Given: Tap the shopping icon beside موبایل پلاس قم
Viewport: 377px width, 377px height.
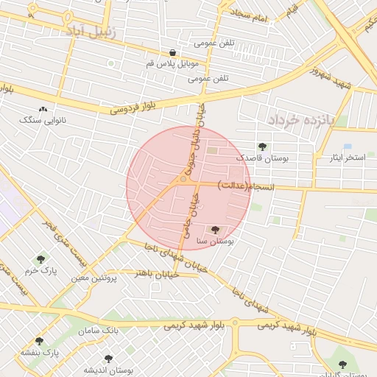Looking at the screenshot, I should [172, 53].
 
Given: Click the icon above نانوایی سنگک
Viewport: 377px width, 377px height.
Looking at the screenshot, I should [43, 110].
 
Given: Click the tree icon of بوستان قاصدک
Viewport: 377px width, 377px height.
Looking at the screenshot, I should [263, 147].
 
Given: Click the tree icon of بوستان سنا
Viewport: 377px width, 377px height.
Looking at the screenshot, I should [215, 230].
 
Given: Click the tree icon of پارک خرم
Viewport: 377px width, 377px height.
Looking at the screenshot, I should [40, 259].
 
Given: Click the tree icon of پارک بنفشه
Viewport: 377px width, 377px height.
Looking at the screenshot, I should [39, 342].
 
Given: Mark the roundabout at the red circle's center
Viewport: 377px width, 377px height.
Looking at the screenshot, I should [183, 179].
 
